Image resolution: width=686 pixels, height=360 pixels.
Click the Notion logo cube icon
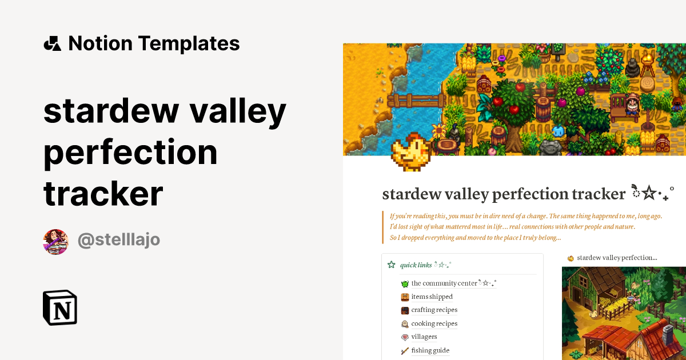[x=60, y=308]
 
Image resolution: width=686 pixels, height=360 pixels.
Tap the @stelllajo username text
[x=119, y=240]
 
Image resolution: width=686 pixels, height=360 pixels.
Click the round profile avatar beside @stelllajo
[x=55, y=242]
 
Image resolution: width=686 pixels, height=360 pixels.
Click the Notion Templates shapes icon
[x=52, y=43]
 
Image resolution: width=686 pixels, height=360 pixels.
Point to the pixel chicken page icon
[x=410, y=151]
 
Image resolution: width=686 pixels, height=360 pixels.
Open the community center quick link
[x=444, y=283]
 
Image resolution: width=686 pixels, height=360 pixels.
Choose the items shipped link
[x=432, y=297]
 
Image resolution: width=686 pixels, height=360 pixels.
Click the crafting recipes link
[x=434, y=310]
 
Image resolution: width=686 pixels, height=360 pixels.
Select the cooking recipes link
[x=434, y=323]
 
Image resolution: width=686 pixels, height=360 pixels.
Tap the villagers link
[x=424, y=337]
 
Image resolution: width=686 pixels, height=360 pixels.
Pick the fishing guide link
[x=430, y=350]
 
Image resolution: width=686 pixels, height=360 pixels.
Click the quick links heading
[x=416, y=265]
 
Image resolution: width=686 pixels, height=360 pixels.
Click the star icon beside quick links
[x=392, y=265]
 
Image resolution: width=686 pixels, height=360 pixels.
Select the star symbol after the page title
[x=649, y=194]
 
